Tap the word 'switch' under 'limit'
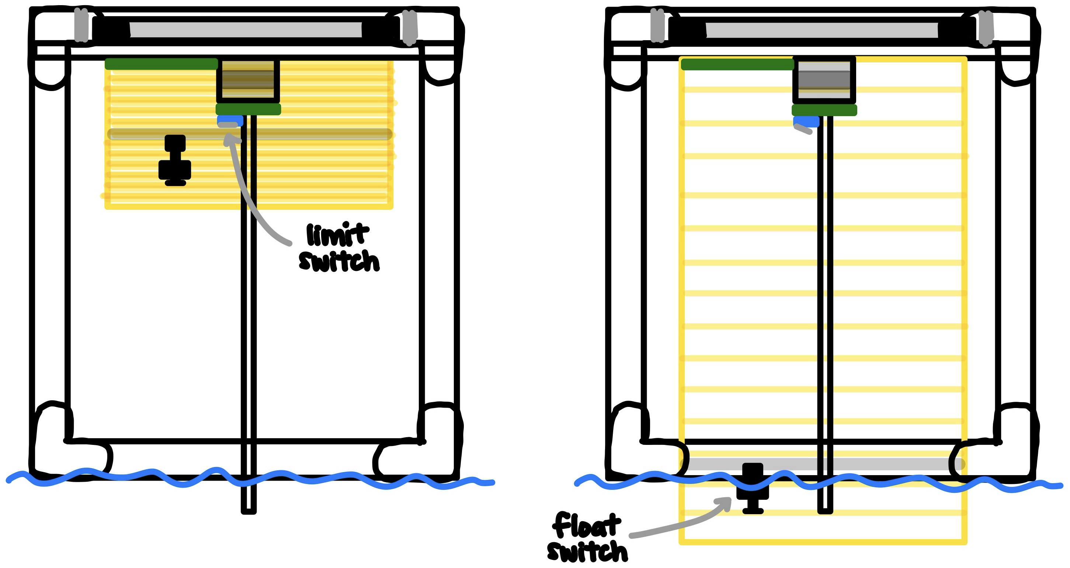pos(339,262)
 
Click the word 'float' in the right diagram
pos(587,526)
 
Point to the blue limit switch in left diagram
pos(230,120)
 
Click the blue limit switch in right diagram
pos(806,121)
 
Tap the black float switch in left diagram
pos(175,160)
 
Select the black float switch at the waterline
pos(752,488)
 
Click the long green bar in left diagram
pos(161,64)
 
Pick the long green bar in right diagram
pos(737,65)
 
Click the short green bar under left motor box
pos(248,109)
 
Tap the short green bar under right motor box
pos(824,110)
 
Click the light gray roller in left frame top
pos(246,30)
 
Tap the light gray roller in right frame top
pos(821,30)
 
